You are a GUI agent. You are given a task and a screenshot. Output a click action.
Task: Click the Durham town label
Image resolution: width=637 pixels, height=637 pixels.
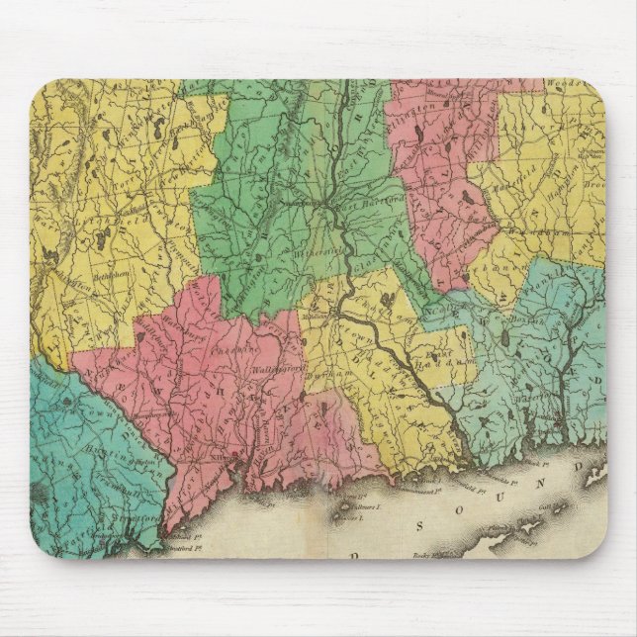321,378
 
